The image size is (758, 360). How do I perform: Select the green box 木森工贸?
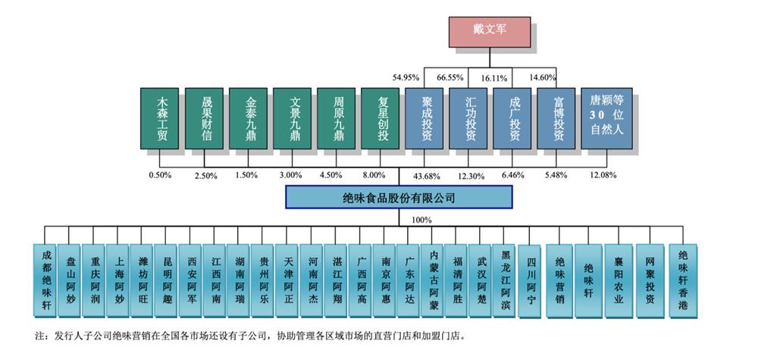pyautogui.click(x=160, y=118)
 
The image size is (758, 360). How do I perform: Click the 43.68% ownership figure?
pyautogui.click(x=426, y=176)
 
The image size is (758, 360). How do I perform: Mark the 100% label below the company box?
pyautogui.click(x=421, y=220)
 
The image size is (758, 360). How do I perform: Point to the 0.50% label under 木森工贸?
pyautogui.click(x=160, y=175)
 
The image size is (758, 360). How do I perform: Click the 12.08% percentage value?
pyautogui.click(x=604, y=175)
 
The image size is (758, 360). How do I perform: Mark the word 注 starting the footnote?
pyautogui.click(x=39, y=334)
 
